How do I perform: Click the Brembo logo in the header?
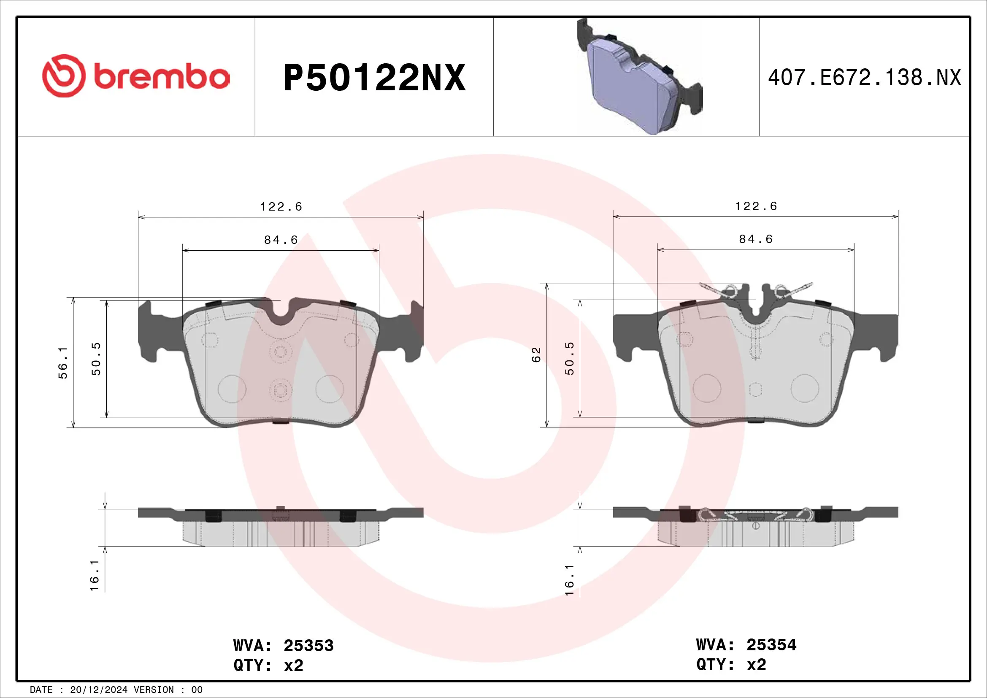(136, 76)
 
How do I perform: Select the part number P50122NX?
(374, 78)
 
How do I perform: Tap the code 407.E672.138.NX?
(864, 78)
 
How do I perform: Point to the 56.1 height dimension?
(63, 363)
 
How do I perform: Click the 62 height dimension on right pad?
(536, 354)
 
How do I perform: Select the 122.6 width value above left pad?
(281, 207)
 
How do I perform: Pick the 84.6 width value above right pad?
(756, 239)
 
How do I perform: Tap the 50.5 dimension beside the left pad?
(96, 359)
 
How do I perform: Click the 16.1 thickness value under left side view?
(95, 576)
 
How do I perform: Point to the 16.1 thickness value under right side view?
(569, 580)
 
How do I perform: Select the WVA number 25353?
(308, 646)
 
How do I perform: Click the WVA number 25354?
(771, 645)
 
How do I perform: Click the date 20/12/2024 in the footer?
(98, 690)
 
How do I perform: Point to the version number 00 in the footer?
(197, 690)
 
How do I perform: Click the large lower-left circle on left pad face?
(232, 389)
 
